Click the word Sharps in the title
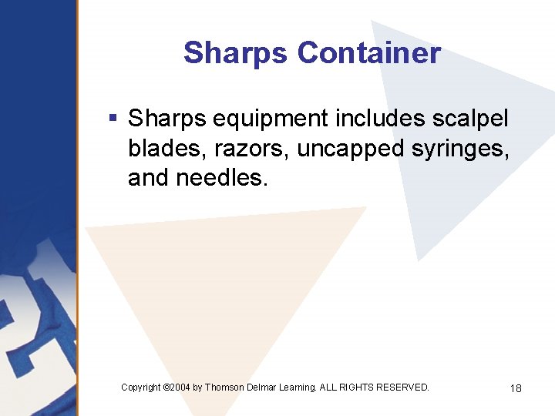tap(236, 53)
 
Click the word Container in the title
tap(368, 53)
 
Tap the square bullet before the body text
tap(113, 119)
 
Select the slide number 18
tap(516, 388)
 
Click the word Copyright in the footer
tap(141, 387)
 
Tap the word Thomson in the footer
tap(226, 387)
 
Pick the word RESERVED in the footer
tap(405, 387)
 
